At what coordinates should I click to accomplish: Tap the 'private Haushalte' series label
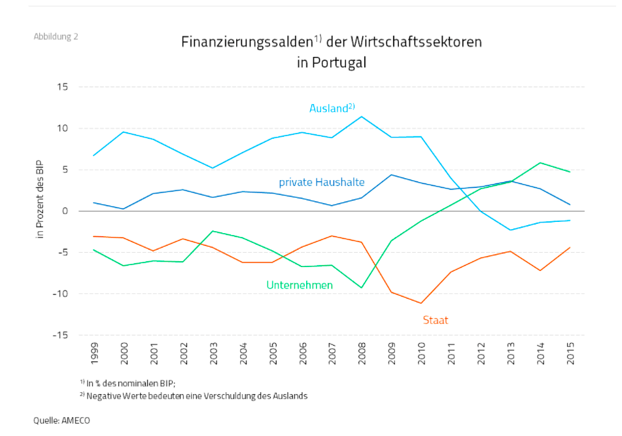coord(322,182)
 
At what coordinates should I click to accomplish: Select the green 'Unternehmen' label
coord(300,285)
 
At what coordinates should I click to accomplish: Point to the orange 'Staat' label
coord(435,320)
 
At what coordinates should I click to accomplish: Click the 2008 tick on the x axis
coord(362,352)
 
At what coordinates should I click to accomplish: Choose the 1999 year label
coord(95,352)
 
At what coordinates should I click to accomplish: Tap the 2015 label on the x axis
coord(570,352)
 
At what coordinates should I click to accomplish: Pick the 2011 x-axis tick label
coord(451,352)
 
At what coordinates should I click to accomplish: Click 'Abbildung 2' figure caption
coord(56,36)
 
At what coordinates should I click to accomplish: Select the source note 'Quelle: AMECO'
coord(61,420)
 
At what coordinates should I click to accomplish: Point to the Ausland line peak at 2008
coord(362,117)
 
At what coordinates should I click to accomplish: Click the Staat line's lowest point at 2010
coord(421,303)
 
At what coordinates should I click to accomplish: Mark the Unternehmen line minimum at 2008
coord(362,288)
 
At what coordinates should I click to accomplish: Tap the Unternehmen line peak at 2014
coord(540,162)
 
